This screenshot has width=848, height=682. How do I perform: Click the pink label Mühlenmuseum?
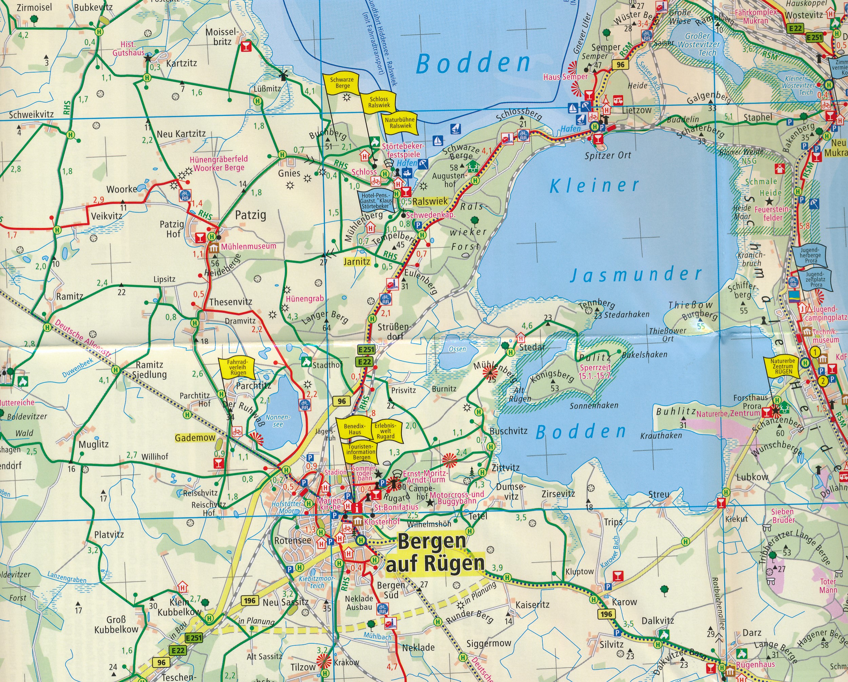[249, 246]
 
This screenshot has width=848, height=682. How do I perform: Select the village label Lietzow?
[637, 110]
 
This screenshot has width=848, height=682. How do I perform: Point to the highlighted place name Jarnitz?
[357, 261]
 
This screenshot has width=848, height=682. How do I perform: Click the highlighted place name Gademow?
[195, 438]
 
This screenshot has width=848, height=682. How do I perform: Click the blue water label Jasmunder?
[636, 274]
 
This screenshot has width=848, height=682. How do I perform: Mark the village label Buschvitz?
[508, 431]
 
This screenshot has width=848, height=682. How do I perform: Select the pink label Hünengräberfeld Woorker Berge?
[219, 163]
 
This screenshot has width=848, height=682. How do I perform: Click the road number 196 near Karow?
[606, 614]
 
